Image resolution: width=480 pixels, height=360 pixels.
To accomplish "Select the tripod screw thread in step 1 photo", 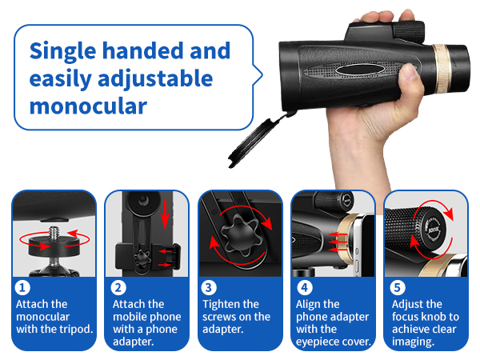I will point(53,232).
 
